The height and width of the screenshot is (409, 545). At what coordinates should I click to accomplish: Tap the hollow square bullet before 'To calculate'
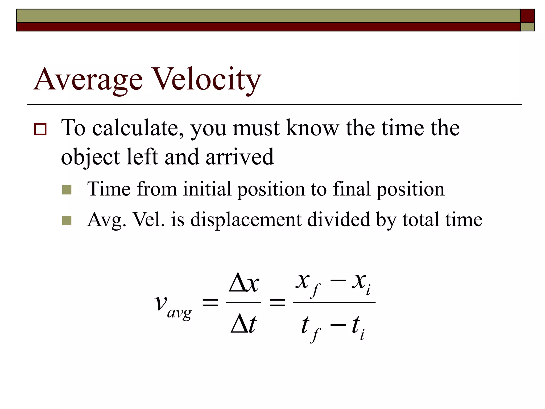pos(40,129)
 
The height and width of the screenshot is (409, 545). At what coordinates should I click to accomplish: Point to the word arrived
pos(240,157)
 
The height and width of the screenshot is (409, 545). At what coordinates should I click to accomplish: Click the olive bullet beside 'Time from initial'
pos(67,190)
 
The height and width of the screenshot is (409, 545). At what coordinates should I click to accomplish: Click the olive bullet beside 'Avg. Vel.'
pos(67,220)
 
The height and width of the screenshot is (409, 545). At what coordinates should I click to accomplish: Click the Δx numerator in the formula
pos(244,284)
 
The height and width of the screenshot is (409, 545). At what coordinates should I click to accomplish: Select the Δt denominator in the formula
pos(243,325)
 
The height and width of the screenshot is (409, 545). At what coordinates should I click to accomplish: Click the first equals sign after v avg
pos(210,303)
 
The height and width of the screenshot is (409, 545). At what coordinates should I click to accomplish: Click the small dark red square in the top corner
pos(527,16)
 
